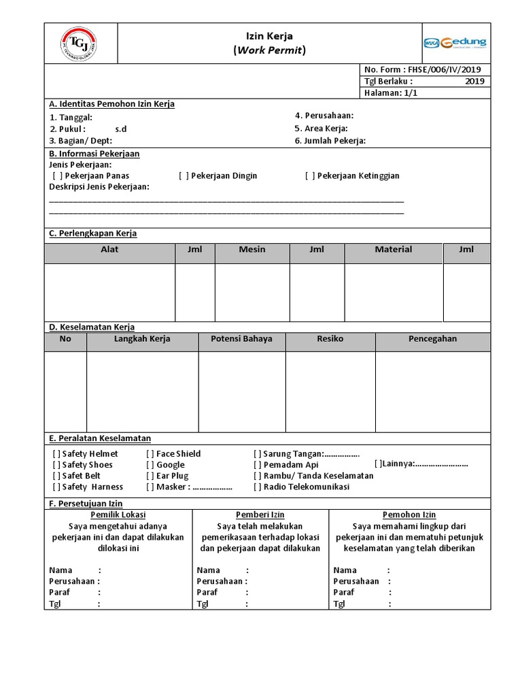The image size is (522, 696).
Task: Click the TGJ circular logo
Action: pos(78,43)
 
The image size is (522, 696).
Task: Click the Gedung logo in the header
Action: pos(455,43)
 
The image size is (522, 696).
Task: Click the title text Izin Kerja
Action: pos(269,36)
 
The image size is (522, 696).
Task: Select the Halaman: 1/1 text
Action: pos(391,93)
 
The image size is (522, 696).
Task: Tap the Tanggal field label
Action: pos(71,118)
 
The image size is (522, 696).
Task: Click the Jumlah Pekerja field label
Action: pos(330,141)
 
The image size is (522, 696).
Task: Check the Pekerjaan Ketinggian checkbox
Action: pos(310,175)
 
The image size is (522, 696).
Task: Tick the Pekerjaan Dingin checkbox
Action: pos(184,175)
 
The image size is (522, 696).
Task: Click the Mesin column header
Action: pos(252,249)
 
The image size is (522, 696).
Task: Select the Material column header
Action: pos(394,249)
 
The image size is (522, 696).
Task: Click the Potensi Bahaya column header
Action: pos(241,338)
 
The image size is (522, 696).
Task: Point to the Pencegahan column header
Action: pos(432,338)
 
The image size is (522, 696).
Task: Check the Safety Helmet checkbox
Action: pos(56,453)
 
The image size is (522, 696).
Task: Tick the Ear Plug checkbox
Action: pos(150,476)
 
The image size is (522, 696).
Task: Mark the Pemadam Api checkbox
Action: pos(258,465)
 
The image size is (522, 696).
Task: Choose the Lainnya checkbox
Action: pos(378,464)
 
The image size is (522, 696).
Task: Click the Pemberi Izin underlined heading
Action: pos(260,515)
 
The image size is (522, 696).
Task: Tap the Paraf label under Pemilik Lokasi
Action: pos(59,593)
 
